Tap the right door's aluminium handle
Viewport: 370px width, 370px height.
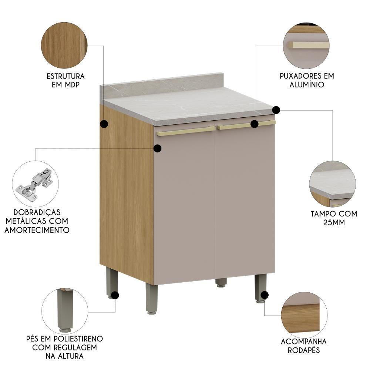[237, 126]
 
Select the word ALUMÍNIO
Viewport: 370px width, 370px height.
[307, 85]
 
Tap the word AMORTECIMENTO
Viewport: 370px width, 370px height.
[37, 230]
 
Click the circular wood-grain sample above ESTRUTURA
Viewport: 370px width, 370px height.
[64, 45]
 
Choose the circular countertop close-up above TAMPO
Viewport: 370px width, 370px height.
[332, 184]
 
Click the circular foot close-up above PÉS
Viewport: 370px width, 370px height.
[65, 311]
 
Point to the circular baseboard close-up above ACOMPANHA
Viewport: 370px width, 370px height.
[304, 315]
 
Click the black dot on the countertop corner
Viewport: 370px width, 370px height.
[276, 110]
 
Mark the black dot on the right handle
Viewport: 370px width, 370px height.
[254, 124]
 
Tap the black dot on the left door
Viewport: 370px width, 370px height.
[157, 148]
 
